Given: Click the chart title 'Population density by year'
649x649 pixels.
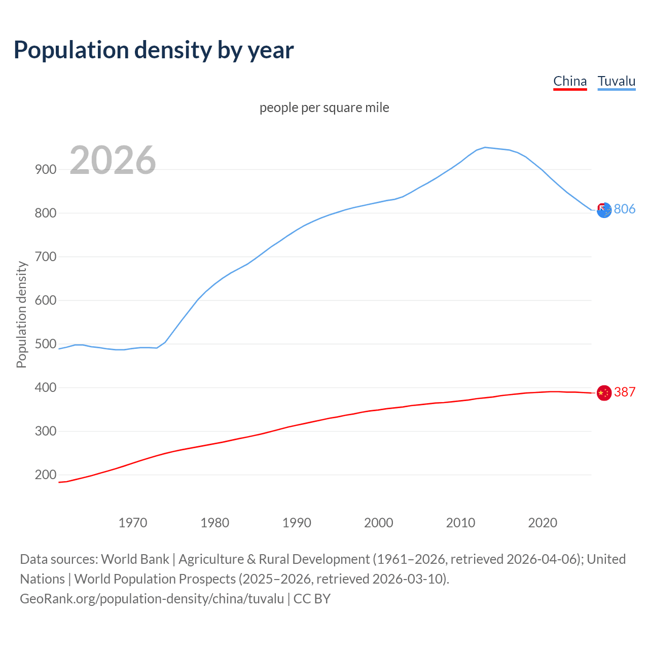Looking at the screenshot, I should pyautogui.click(x=154, y=50).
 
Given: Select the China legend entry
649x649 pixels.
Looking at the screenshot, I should pyautogui.click(x=570, y=81).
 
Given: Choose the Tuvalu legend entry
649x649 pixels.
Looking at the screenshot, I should pyautogui.click(x=616, y=81).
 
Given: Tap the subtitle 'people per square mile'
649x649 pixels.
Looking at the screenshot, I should pyautogui.click(x=324, y=108).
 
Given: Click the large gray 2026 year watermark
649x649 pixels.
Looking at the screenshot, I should pyautogui.click(x=113, y=160).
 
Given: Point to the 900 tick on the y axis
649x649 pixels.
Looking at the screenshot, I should pyautogui.click(x=46, y=170).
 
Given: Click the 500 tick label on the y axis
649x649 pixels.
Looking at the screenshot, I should pyautogui.click(x=46, y=344).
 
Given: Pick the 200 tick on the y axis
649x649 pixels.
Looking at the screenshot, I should pyautogui.click(x=46, y=475).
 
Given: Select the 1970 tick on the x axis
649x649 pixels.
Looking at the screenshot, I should pyautogui.click(x=133, y=523).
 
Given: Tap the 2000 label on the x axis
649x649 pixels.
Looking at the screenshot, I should pyautogui.click(x=379, y=523).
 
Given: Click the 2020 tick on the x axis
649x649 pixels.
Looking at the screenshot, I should pyautogui.click(x=543, y=523).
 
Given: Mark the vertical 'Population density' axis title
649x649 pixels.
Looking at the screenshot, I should pyautogui.click(x=21, y=314).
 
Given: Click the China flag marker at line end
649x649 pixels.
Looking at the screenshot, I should pyautogui.click(x=604, y=392).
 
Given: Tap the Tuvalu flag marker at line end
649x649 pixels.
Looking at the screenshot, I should pyautogui.click(x=604, y=210).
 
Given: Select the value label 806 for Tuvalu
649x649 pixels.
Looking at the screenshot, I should pyautogui.click(x=625, y=209).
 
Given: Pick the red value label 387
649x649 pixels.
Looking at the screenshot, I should pyautogui.click(x=625, y=392).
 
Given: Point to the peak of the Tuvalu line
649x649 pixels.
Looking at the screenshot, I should pyautogui.click(x=485, y=148).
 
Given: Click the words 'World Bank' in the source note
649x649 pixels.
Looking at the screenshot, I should pyautogui.click(x=135, y=559).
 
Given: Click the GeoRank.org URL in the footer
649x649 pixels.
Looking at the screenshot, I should pyautogui.click(x=152, y=599).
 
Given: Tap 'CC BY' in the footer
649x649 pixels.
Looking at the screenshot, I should pyautogui.click(x=312, y=599).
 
